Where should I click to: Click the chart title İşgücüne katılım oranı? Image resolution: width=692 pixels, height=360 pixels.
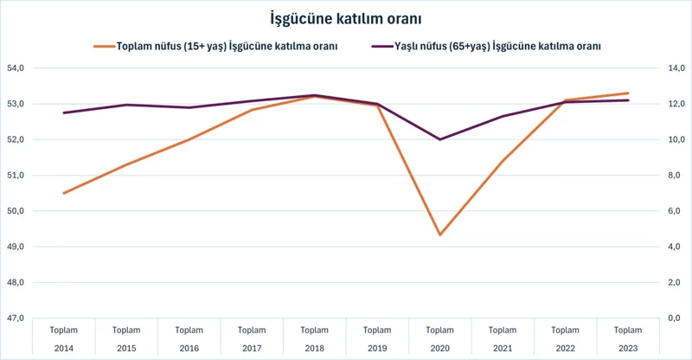click(x=346, y=17)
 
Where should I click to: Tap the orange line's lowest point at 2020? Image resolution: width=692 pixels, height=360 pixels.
click(x=440, y=235)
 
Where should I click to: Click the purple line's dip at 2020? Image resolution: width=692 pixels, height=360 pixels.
click(x=440, y=139)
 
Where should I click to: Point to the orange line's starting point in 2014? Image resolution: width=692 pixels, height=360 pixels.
click(x=64, y=193)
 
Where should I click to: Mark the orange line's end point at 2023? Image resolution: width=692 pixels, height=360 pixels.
click(x=628, y=93)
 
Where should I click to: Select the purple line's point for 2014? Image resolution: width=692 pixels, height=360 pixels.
click(x=64, y=112)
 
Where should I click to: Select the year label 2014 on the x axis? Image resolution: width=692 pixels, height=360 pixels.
click(x=64, y=347)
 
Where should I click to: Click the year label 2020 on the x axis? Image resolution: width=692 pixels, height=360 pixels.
click(x=440, y=347)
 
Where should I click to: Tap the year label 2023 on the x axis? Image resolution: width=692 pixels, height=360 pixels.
click(x=628, y=347)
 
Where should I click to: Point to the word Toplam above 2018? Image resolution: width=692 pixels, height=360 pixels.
click(x=315, y=330)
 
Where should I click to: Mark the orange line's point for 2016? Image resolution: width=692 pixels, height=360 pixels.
click(x=189, y=139)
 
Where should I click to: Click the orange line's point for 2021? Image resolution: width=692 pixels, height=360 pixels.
click(x=503, y=161)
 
